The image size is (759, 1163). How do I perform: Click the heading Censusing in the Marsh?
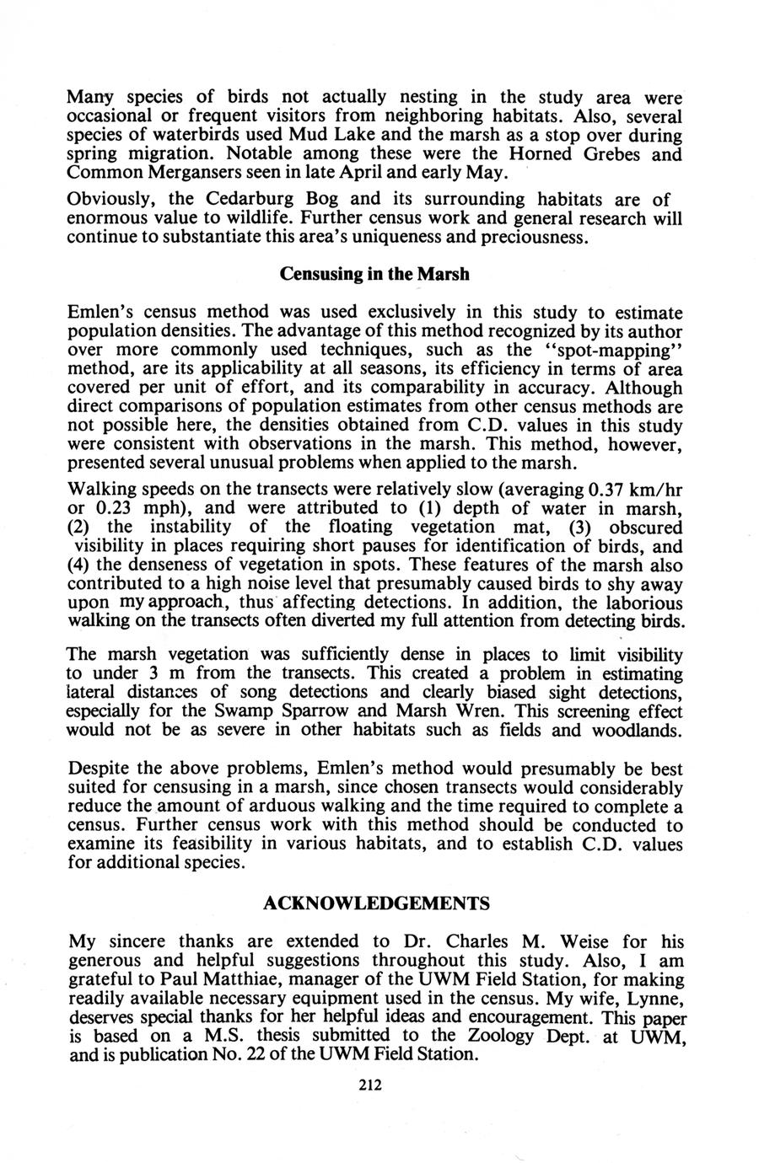pos(374,276)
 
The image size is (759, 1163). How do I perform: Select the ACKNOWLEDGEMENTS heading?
pos(376,903)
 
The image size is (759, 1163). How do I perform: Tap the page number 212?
pos(369,1085)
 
